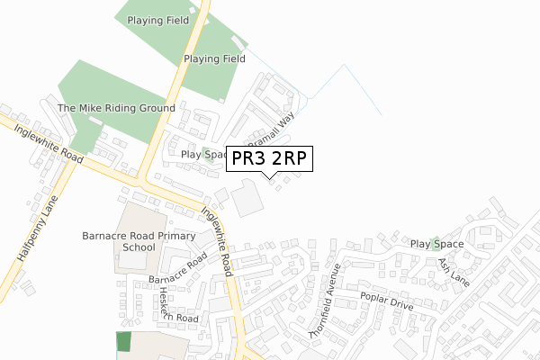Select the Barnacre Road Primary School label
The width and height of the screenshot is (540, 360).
(x=139, y=240)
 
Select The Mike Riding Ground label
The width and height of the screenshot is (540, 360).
(x=116, y=108)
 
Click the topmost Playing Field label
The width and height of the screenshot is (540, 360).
(x=158, y=20)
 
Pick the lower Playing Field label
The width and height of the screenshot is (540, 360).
(x=214, y=59)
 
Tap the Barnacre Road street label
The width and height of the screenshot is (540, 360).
(x=177, y=267)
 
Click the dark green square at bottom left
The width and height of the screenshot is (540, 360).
(x=123, y=342)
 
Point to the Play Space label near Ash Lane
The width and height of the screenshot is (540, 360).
(x=436, y=244)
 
